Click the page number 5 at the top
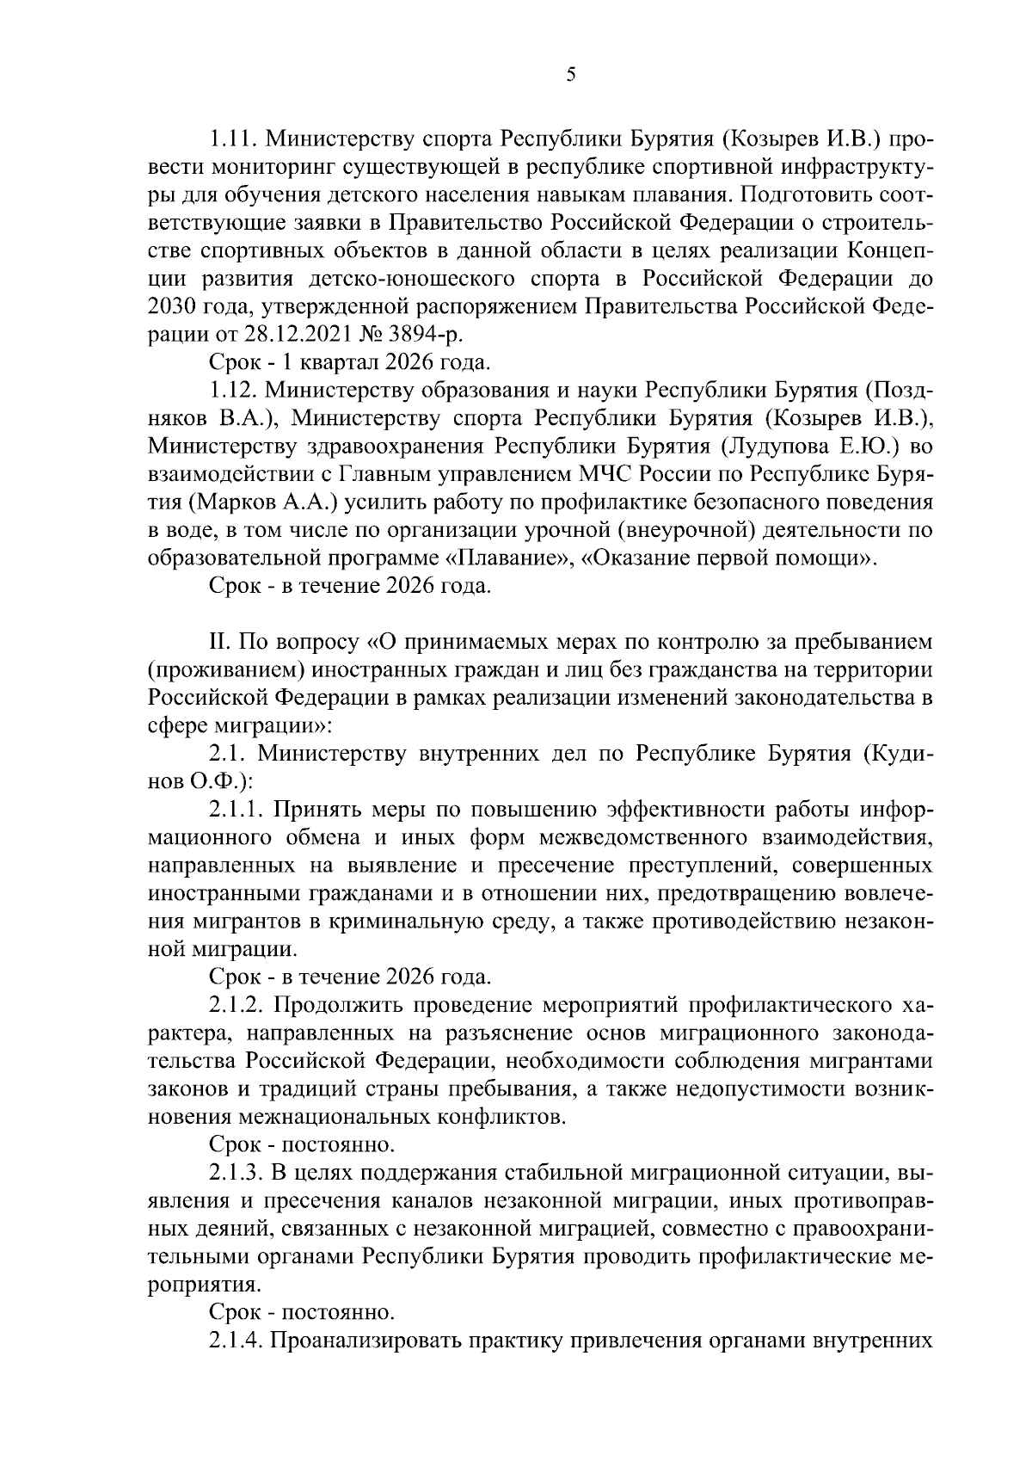point(571,75)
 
